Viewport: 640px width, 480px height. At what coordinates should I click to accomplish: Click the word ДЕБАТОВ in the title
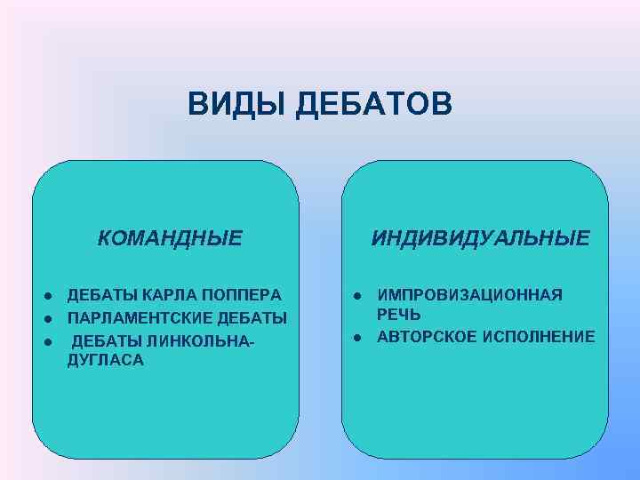(x=373, y=103)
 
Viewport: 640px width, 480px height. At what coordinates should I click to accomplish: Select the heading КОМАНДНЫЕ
(x=170, y=238)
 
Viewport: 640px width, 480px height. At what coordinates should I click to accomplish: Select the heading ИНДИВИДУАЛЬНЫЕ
(x=480, y=238)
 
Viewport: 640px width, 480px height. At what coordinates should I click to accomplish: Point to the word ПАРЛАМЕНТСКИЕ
(x=134, y=317)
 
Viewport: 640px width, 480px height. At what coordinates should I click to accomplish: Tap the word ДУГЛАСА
(x=105, y=360)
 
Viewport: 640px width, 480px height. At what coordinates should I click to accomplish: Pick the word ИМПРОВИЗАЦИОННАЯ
(x=469, y=295)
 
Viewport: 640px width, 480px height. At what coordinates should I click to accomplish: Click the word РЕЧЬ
(x=399, y=315)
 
